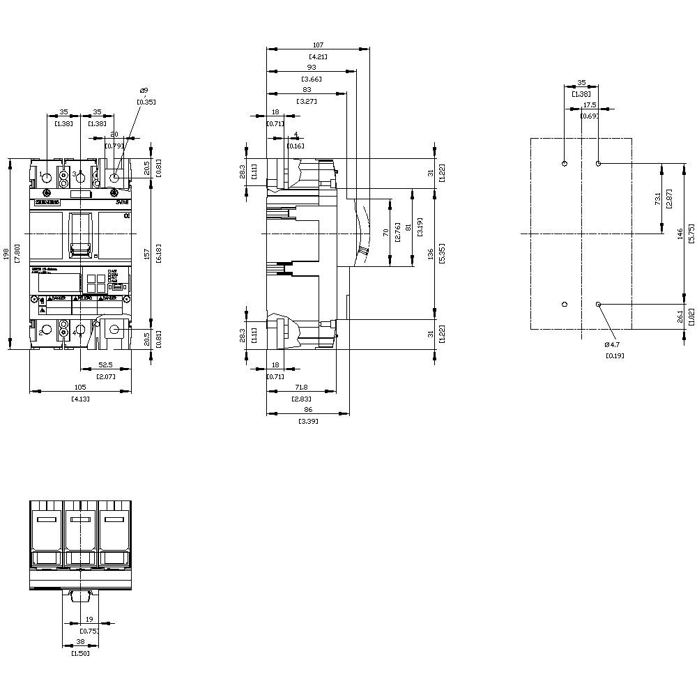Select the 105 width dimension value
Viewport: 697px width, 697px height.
[80, 387]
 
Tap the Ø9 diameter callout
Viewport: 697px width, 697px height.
[144, 91]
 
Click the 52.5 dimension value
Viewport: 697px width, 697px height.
[106, 365]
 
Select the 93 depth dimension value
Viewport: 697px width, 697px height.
[311, 67]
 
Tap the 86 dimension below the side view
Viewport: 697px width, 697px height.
[307, 409]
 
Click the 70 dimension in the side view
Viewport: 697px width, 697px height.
[385, 232]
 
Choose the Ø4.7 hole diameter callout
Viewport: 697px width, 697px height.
[612, 344]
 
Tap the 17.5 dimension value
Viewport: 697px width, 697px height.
[590, 105]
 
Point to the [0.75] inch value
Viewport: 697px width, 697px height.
[89, 631]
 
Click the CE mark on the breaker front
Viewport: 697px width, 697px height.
[126, 217]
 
